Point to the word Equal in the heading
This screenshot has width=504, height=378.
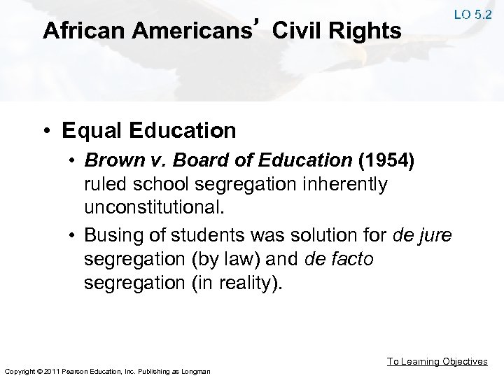[x=87, y=130]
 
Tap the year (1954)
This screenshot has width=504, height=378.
[x=388, y=162]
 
